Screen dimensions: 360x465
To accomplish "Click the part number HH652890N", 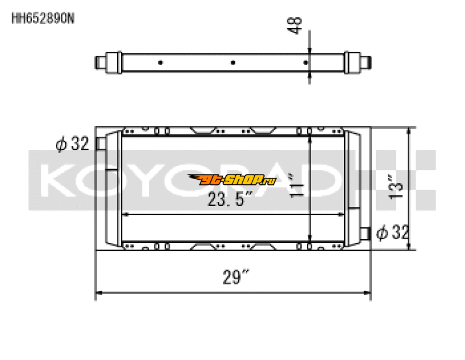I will click(43, 18).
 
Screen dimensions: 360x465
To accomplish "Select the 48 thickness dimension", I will click(297, 26).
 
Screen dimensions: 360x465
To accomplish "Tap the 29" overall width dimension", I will click(232, 277).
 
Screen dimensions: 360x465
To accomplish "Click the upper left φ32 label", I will click(72, 144).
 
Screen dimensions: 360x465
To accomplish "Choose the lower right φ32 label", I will click(392, 233).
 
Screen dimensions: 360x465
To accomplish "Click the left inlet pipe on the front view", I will click(102, 143).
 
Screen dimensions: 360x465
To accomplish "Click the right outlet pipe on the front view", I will click(365, 233).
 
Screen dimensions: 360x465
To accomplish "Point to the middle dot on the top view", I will click(233, 62).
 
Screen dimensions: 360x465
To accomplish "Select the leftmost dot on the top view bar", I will click(160, 62).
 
